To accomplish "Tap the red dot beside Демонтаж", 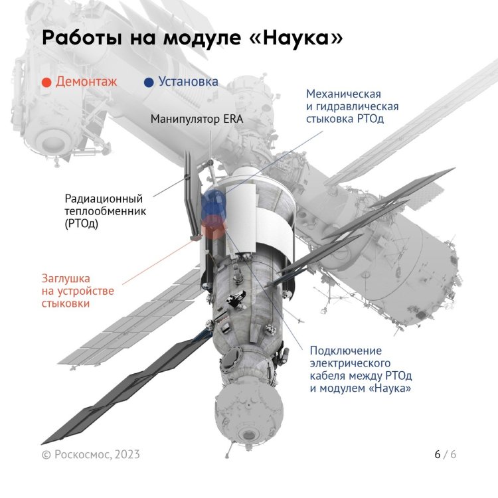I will [x=46, y=82].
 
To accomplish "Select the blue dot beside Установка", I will [x=149, y=82].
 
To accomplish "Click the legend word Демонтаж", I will [x=86, y=82].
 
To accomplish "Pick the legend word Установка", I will [x=188, y=82].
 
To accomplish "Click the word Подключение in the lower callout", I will [x=345, y=350].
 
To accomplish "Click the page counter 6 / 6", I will [x=445, y=454].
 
